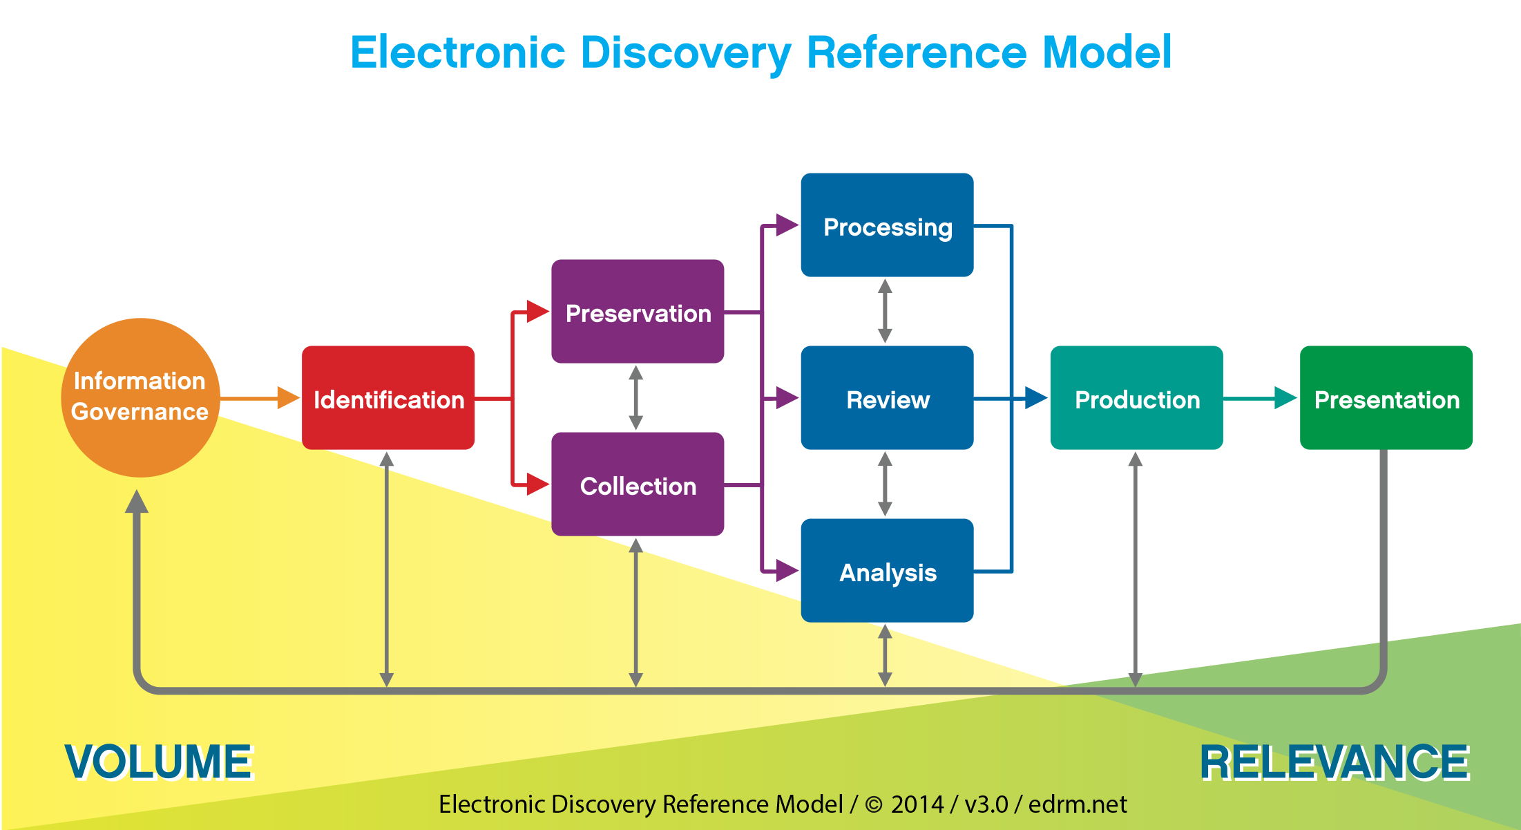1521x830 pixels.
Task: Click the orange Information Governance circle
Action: tap(140, 397)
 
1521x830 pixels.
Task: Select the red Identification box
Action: tap(388, 398)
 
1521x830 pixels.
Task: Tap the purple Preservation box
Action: tap(638, 312)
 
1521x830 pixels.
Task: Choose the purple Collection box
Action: tap(638, 484)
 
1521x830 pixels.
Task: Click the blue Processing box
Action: tap(887, 225)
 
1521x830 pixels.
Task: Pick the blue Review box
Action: tap(887, 398)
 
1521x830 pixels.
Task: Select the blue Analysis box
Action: tap(887, 571)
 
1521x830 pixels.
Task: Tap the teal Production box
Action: tap(1136, 398)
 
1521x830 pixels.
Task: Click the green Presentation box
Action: tap(1386, 398)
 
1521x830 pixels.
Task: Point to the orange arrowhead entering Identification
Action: tap(288, 398)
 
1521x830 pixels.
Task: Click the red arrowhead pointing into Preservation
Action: tap(537, 312)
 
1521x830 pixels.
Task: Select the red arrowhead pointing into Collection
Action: tap(537, 484)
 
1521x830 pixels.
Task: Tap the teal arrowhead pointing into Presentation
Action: tap(1285, 398)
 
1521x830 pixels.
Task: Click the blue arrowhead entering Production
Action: tap(1035, 398)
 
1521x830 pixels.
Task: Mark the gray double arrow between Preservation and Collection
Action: tap(636, 398)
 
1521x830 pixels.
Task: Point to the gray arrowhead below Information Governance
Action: tap(137, 502)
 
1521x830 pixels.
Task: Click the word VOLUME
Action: tap(159, 762)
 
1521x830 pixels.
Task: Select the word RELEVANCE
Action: tap(1335, 762)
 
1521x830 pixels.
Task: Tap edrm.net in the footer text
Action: tap(1078, 804)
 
